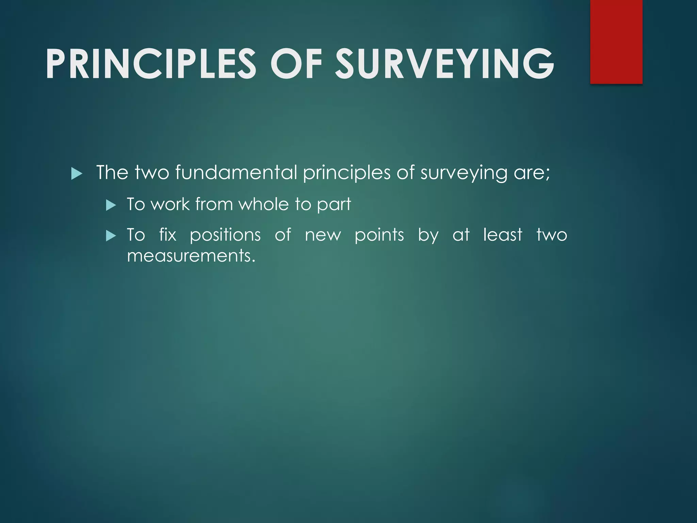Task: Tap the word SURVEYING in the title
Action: (x=444, y=64)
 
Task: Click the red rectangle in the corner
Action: (x=616, y=42)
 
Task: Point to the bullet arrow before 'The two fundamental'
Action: (x=77, y=174)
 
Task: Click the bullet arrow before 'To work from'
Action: (x=111, y=205)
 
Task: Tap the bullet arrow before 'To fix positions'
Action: (x=111, y=236)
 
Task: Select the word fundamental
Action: (x=236, y=172)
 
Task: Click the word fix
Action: (x=168, y=235)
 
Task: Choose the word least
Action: (x=502, y=235)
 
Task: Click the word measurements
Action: (x=191, y=256)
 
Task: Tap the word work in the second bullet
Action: (x=170, y=204)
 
